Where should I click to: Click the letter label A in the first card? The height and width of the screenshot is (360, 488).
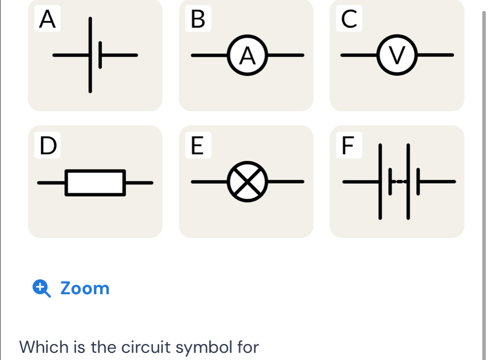pyautogui.click(x=47, y=19)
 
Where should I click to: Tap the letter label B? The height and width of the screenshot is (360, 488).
pyautogui.click(x=198, y=19)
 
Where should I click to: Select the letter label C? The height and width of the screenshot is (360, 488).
pyautogui.click(x=349, y=19)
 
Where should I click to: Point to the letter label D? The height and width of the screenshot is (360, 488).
pyautogui.click(x=48, y=146)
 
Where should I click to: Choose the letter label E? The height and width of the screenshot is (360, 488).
pyautogui.click(x=197, y=146)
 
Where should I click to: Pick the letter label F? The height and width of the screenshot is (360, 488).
pyautogui.click(x=348, y=146)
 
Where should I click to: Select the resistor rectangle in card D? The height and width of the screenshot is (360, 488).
pyautogui.click(x=95, y=171)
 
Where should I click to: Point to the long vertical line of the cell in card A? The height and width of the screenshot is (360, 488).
pyautogui.click(x=90, y=55)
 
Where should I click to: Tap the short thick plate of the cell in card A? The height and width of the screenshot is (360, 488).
pyautogui.click(x=100, y=55)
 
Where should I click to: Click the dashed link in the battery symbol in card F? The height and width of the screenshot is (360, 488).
pyautogui.click(x=399, y=182)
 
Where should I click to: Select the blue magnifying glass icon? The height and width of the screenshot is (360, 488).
pyautogui.click(x=42, y=288)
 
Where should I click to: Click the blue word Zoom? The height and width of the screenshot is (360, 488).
pyautogui.click(x=85, y=288)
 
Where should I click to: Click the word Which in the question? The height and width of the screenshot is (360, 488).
pyautogui.click(x=44, y=347)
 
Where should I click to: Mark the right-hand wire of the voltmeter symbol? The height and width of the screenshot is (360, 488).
pyautogui.click(x=435, y=55)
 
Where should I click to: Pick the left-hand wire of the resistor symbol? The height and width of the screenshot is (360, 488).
pyautogui.click(x=51, y=183)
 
